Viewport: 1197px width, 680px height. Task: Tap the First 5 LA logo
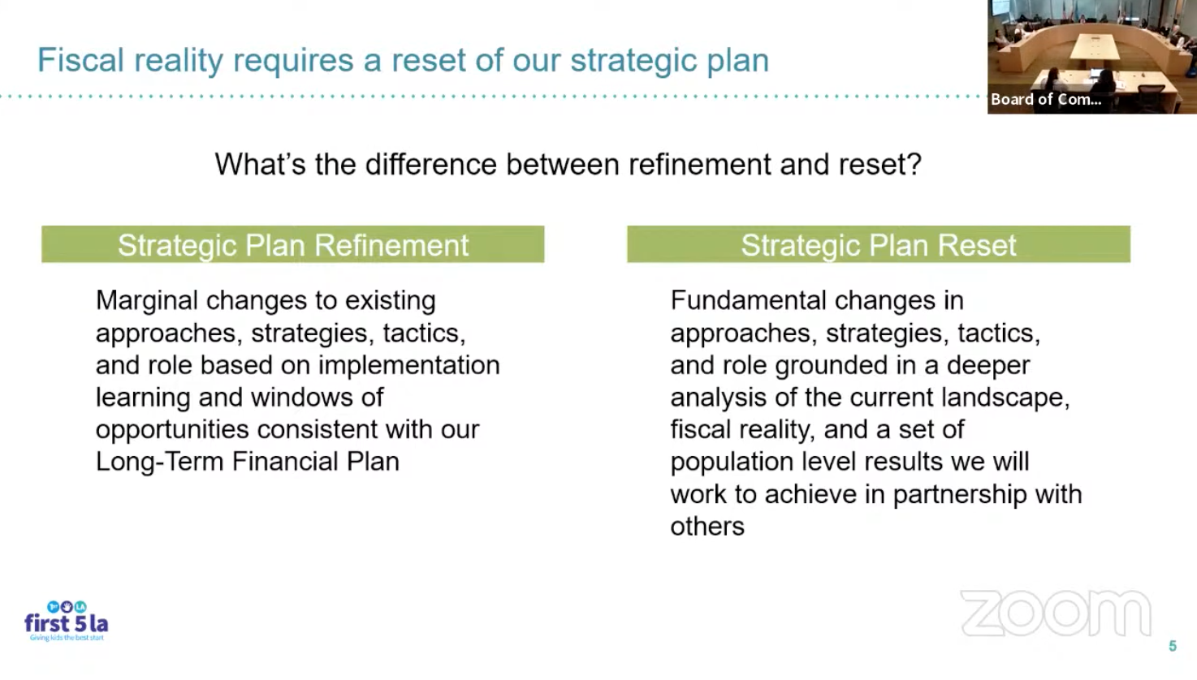pyautogui.click(x=67, y=622)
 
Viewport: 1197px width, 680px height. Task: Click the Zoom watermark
pyautogui.click(x=1056, y=613)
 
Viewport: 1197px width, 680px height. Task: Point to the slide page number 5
pyautogui.click(x=1173, y=647)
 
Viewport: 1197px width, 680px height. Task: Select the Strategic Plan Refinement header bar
pyautogui.click(x=293, y=244)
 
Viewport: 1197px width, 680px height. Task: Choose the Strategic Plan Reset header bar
pyautogui.click(x=879, y=244)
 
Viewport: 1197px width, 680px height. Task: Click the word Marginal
pyautogui.click(x=147, y=301)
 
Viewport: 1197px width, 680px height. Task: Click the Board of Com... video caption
pyautogui.click(x=1046, y=99)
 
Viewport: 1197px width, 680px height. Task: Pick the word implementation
pyautogui.click(x=409, y=366)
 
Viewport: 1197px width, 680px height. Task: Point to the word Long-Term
pyautogui.click(x=159, y=462)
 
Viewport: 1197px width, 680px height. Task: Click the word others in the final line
pyautogui.click(x=707, y=526)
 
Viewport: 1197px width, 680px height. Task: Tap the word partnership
pyautogui.click(x=960, y=495)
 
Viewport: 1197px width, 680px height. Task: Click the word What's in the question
pyautogui.click(x=260, y=164)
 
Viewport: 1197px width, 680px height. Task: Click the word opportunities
pyautogui.click(x=172, y=430)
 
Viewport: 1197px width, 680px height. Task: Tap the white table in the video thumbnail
pyautogui.click(x=1095, y=47)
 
